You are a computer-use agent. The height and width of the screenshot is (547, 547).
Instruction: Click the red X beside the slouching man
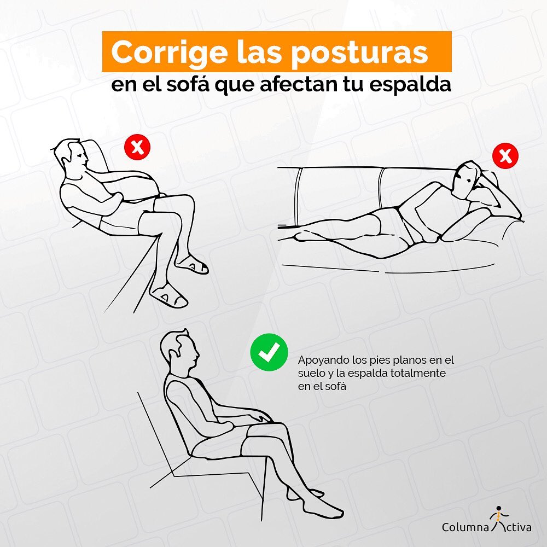[137, 147]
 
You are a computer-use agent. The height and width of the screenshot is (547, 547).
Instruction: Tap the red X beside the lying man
[505, 156]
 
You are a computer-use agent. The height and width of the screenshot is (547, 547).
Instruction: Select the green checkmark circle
[269, 353]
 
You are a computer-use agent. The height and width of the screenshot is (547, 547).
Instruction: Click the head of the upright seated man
[184, 353]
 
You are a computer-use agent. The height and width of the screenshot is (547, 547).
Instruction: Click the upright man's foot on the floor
[323, 508]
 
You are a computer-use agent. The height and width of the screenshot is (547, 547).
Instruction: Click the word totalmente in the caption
[421, 373]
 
